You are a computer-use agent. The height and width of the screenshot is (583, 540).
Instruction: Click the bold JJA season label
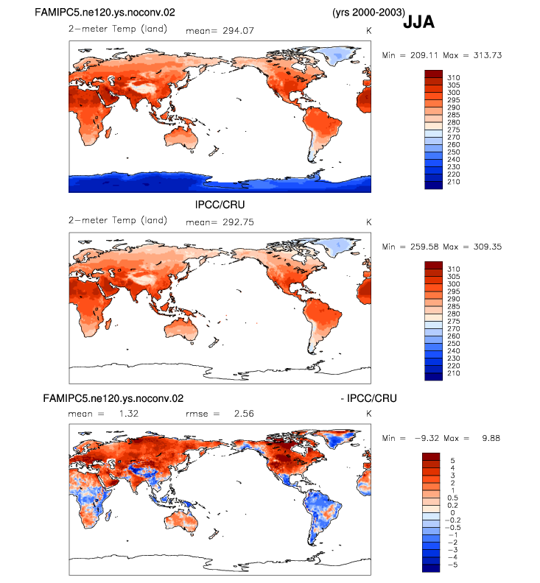418,22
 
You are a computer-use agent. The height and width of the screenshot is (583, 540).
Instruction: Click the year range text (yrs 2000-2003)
368,13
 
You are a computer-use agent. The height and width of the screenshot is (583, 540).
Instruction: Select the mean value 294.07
238,31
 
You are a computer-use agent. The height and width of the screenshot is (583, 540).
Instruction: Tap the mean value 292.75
238,222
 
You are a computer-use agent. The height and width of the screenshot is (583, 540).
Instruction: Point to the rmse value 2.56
244,414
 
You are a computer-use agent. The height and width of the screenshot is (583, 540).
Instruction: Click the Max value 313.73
488,55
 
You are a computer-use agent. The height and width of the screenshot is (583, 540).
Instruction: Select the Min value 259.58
424,247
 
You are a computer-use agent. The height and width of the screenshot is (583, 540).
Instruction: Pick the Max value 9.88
491,439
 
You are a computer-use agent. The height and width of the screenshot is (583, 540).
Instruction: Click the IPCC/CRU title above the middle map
220,205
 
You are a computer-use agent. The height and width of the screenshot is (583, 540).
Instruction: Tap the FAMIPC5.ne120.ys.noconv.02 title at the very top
105,13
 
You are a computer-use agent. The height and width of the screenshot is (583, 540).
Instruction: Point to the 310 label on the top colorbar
454,78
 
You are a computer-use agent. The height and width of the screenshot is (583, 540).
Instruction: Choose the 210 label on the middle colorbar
454,373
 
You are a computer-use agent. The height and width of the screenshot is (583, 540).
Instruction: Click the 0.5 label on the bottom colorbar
452,498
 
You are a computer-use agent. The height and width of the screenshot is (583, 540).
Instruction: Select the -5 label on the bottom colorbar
452,565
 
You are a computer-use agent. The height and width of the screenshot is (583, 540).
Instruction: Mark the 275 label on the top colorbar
454,130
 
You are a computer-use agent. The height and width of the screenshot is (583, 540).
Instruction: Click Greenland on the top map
339,56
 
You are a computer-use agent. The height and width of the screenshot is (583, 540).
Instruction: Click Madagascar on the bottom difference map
109,515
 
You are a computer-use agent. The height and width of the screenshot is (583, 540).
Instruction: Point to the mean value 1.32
129,414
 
